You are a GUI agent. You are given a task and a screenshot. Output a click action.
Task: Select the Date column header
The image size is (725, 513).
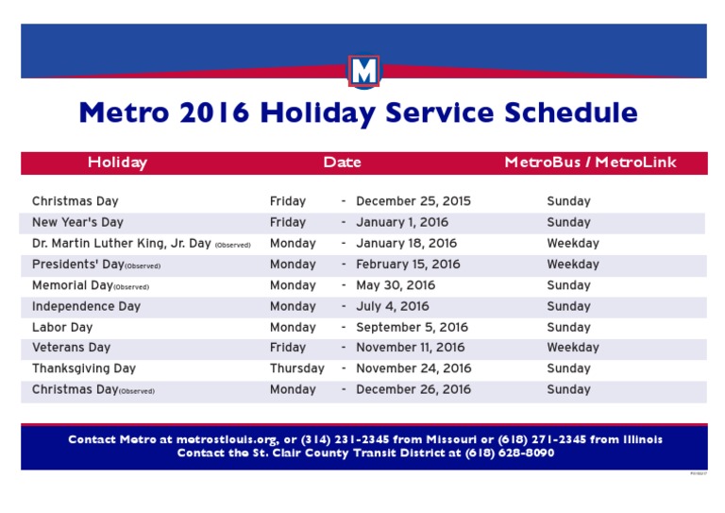342,162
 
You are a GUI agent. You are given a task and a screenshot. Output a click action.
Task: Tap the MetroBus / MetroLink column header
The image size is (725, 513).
590,162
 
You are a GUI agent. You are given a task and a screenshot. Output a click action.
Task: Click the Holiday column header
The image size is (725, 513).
117,162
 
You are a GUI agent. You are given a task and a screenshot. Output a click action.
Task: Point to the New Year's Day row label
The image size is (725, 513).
77,223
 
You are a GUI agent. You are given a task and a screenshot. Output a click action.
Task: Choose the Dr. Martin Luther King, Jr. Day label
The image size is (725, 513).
121,244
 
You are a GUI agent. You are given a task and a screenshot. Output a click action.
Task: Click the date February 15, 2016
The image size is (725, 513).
408,265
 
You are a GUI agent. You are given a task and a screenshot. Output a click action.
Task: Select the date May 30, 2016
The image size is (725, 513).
396,285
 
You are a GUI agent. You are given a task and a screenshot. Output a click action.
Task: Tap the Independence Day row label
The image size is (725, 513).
86,306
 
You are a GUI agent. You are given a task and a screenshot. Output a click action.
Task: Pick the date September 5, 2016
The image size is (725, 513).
412,327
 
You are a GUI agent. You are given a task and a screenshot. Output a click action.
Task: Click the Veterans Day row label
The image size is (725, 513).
71,348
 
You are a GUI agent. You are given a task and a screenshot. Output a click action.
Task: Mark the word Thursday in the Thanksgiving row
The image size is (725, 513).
296,368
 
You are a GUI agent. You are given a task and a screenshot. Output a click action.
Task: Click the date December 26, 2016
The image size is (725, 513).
413,389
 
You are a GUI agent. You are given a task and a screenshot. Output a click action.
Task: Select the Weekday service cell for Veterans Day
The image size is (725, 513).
572,348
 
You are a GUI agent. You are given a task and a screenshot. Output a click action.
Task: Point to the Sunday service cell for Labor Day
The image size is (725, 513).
568,327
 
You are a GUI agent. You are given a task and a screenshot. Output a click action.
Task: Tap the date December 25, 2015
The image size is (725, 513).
413,201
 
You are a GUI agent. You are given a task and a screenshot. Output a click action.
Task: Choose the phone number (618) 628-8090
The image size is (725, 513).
510,453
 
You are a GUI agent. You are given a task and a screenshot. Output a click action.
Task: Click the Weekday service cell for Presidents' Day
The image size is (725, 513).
572,265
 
